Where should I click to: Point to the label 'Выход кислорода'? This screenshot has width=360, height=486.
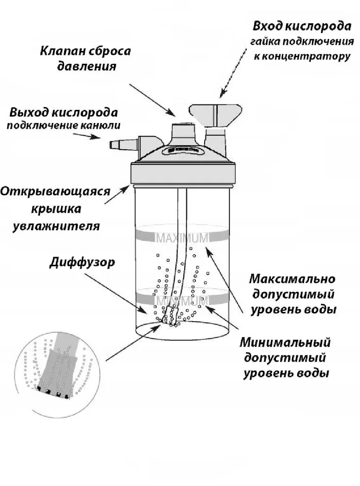click(64, 113)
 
